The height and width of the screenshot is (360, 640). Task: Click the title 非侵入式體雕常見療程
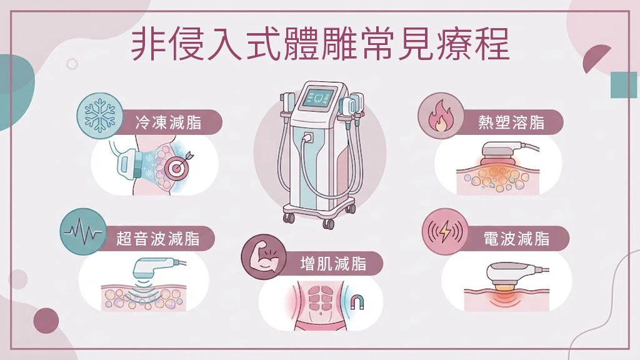[x=320, y=44]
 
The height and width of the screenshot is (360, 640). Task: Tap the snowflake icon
[x=99, y=116]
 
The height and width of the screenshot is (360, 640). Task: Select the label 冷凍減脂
[x=168, y=122]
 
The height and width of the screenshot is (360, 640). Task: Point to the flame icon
[x=440, y=116]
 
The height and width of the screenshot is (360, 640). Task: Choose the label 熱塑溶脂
[x=511, y=122]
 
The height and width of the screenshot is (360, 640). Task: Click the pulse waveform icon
[x=83, y=232]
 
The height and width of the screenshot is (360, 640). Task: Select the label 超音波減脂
[x=158, y=239]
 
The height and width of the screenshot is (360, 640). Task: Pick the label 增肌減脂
[x=334, y=264]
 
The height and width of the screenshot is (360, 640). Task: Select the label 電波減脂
[x=516, y=239]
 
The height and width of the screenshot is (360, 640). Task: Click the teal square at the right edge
[x=624, y=84]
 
